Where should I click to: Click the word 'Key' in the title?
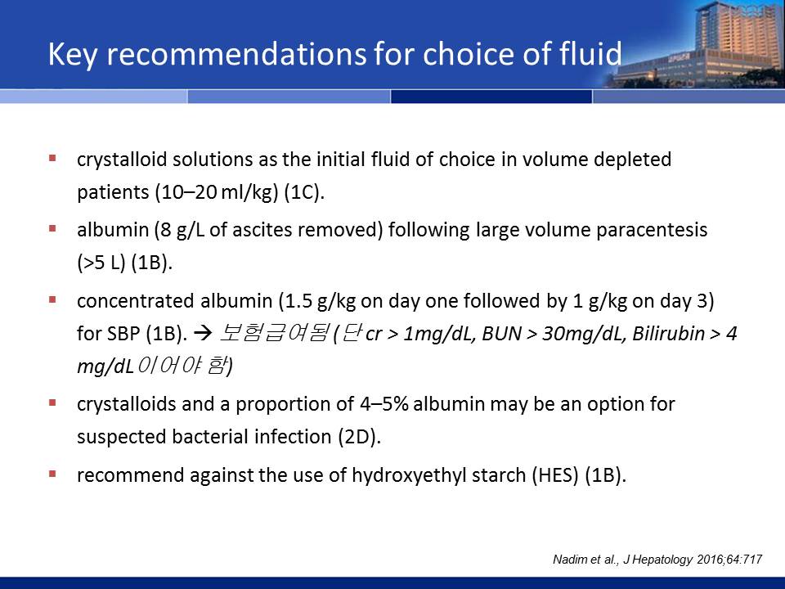click(73, 55)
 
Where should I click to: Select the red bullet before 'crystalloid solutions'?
click(52, 158)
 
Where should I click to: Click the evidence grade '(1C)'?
click(304, 192)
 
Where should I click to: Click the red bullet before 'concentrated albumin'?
click(52, 299)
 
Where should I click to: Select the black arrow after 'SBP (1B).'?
click(203, 333)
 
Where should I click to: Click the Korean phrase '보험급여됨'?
click(275, 333)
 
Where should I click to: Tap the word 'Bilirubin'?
click(668, 334)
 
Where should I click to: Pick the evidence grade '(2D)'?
click(360, 437)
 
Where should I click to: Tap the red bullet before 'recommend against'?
click(52, 474)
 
